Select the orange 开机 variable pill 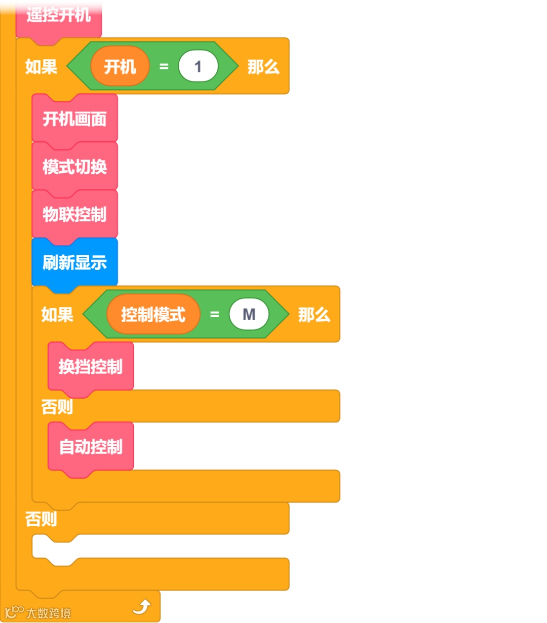tap(120, 66)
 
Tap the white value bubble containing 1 tap(198, 66)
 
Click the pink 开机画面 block tap(74, 119)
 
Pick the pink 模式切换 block tap(74, 166)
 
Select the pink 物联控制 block tap(74, 214)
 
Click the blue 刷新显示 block tap(74, 262)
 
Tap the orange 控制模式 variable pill tap(153, 315)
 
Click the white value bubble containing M tap(249, 315)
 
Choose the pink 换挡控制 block tap(91, 366)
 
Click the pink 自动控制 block tap(91, 447)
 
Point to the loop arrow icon tap(142, 606)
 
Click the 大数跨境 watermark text tap(48, 613)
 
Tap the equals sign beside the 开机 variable tap(164, 66)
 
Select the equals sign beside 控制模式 tap(214, 315)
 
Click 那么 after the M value tap(314, 315)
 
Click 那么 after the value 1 tap(263, 66)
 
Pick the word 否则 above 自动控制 tap(57, 406)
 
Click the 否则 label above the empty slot tap(41, 519)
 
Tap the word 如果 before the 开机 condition tap(41, 66)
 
